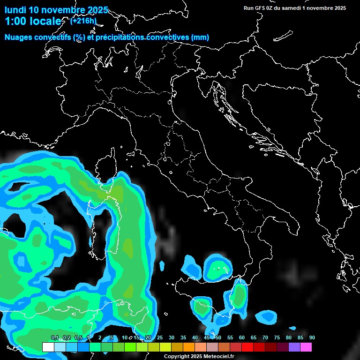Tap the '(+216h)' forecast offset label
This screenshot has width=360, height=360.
click(x=83, y=21)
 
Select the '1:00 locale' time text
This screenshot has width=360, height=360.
click(x=33, y=22)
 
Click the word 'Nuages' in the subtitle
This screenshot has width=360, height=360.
click(x=19, y=37)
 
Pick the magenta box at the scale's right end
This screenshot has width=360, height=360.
click(x=306, y=347)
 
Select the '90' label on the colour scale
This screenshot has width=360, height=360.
click(x=312, y=338)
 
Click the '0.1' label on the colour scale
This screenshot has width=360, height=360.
click(x=54, y=338)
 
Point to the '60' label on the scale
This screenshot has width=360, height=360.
click(x=242, y=338)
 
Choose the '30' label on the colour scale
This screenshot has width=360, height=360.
click(x=172, y=338)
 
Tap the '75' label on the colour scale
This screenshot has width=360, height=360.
click(x=277, y=338)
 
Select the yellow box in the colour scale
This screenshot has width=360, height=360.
click(x=165, y=347)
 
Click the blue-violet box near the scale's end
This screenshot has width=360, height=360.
click(x=294, y=347)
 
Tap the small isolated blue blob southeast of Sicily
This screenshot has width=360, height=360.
click(x=268, y=316)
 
